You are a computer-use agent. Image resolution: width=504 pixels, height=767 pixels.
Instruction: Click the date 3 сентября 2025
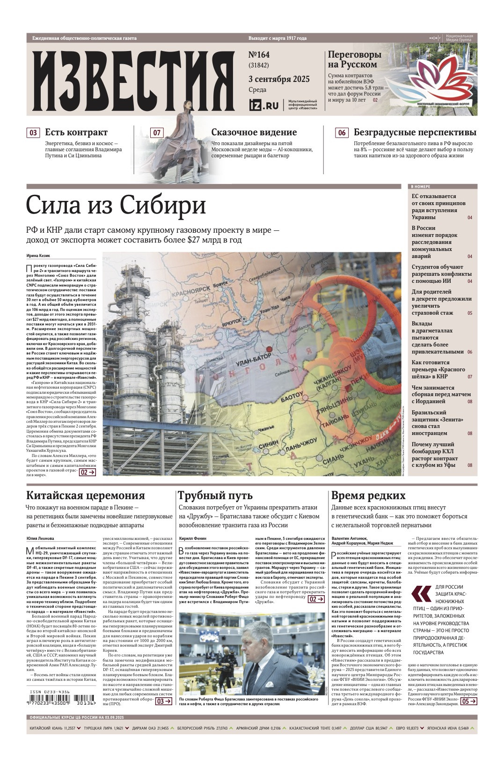tap(278, 79)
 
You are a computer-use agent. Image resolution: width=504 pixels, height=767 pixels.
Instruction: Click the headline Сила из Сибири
tap(116, 206)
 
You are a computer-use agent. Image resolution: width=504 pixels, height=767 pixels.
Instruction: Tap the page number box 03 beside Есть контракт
tap(33, 133)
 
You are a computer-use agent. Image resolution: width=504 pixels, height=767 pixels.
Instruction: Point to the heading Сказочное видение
tap(249, 133)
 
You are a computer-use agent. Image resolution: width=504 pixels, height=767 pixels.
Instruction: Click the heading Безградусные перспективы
tap(415, 133)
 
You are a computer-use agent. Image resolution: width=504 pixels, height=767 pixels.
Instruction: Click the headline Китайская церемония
tap(86, 495)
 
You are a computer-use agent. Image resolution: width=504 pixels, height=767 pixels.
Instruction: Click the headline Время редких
tap(368, 495)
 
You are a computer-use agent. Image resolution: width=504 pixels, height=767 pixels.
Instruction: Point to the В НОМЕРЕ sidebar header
tap(421, 186)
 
